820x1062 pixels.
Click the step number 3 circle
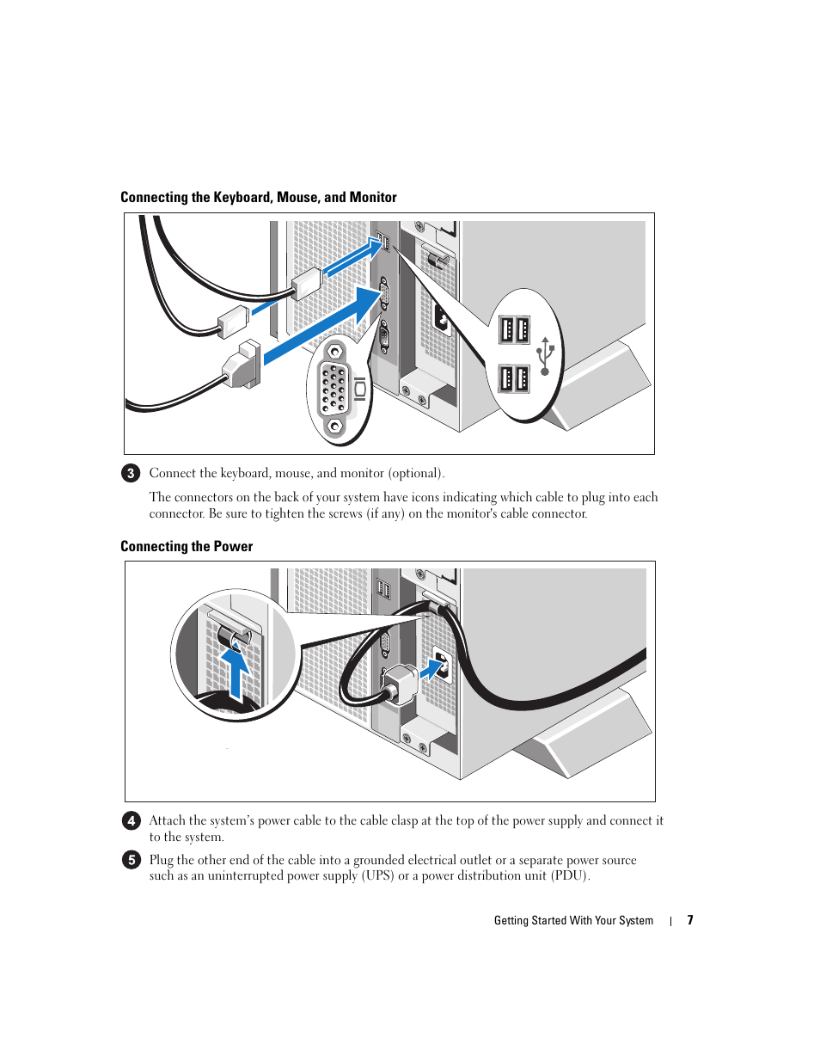(x=131, y=473)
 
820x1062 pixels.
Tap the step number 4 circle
(x=131, y=820)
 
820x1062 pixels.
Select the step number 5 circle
(x=131, y=860)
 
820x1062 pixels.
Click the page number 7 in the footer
(x=689, y=920)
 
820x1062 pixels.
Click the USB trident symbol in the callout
(x=545, y=355)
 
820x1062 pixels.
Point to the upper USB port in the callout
(x=514, y=329)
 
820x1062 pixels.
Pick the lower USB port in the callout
(x=514, y=378)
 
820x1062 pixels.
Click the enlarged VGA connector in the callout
(x=334, y=390)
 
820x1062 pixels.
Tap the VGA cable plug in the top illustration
(x=242, y=365)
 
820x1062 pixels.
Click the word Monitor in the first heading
(x=373, y=197)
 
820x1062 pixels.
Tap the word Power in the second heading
(x=234, y=546)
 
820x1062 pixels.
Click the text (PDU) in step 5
(x=570, y=875)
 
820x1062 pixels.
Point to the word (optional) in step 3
(x=416, y=473)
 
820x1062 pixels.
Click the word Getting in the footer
(x=511, y=920)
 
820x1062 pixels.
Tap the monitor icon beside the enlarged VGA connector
(x=360, y=390)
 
